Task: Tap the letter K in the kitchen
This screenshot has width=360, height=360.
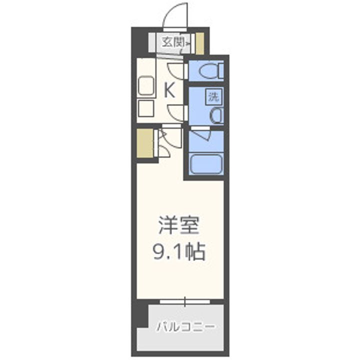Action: [x=169, y=90]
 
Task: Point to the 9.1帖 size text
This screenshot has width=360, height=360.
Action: [x=178, y=251]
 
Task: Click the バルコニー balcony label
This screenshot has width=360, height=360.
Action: [x=185, y=327]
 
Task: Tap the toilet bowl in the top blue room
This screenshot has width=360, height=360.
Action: [x=210, y=71]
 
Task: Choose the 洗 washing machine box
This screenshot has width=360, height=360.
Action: [x=213, y=96]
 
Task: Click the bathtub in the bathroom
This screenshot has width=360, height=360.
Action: [x=206, y=163]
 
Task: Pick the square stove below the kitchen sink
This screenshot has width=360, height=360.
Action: [x=145, y=108]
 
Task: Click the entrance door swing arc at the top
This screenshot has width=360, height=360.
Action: [x=176, y=15]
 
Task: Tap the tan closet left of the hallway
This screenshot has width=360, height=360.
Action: [x=145, y=143]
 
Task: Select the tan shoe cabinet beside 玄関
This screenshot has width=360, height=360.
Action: [x=199, y=43]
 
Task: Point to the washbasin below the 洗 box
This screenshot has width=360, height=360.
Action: [x=216, y=115]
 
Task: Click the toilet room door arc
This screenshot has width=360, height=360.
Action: [x=176, y=70]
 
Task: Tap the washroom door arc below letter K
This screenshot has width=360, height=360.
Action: [x=176, y=112]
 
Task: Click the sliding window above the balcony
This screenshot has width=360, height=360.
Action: [x=184, y=301]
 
